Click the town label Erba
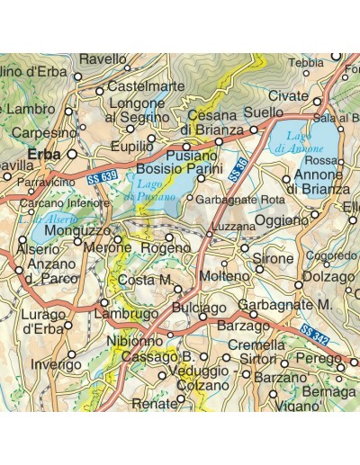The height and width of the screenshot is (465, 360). [x=45, y=155]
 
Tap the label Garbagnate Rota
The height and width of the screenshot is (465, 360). [x=239, y=199]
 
